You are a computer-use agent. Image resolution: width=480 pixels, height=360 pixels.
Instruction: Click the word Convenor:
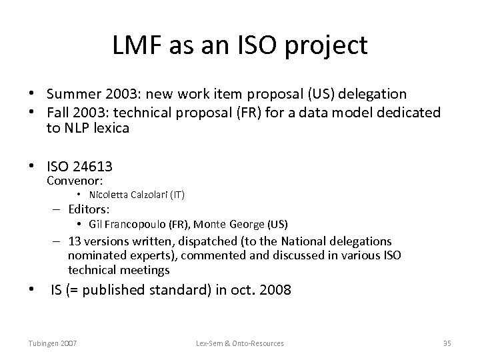[x=73, y=181]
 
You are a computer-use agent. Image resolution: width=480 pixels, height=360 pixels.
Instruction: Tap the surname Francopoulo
[x=135, y=224]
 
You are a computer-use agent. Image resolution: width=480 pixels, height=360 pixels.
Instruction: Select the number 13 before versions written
[x=75, y=241]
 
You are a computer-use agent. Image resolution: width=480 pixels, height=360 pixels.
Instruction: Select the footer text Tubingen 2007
[x=52, y=343]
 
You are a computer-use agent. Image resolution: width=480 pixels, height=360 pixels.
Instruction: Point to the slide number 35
[x=447, y=343]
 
